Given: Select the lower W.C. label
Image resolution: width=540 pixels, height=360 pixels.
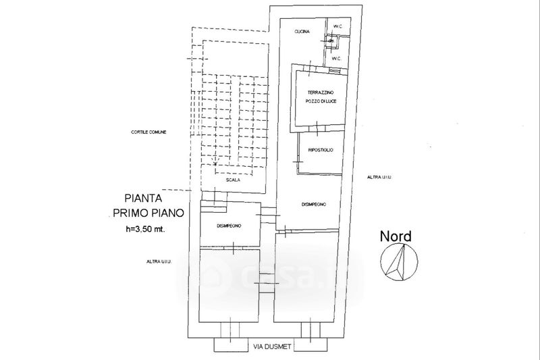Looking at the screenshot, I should [335, 57].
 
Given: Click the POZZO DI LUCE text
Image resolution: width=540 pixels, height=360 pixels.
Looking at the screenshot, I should [321, 101].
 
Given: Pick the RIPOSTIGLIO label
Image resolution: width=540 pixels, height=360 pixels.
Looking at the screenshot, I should [321, 150].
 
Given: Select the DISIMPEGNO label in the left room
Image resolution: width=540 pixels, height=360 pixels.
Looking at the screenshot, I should [230, 226].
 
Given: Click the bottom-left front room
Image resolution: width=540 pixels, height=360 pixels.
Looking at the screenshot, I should [230, 284].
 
